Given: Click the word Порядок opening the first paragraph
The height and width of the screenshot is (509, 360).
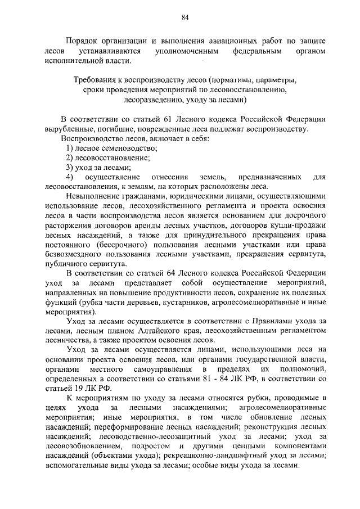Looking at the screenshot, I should point(82,42).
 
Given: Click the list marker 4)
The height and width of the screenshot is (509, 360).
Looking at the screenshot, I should point(70,177).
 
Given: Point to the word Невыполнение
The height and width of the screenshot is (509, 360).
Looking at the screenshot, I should point(93,197).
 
